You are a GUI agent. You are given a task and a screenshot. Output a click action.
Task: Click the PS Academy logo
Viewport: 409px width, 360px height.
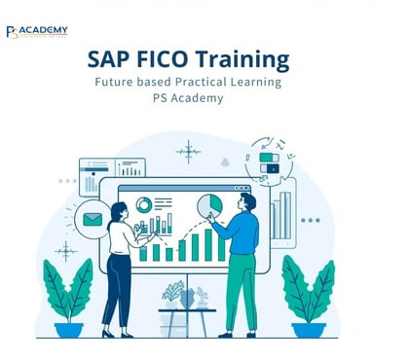(x=37, y=32)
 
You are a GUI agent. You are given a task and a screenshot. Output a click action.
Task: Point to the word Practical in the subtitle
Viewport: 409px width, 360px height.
(x=201, y=82)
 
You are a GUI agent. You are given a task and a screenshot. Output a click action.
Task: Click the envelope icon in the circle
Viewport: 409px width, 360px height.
(x=93, y=219)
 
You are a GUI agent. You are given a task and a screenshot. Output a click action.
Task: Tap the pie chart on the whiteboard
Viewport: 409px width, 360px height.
(x=209, y=205)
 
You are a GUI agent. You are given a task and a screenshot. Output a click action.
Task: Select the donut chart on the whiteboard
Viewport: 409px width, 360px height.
(x=145, y=204)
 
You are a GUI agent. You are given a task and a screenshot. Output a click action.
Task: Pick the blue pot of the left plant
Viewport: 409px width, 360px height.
(x=69, y=329)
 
